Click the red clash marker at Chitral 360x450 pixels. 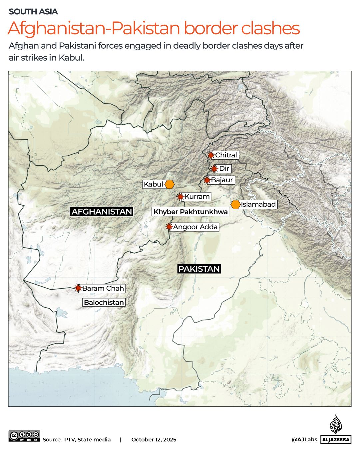[x=210, y=155]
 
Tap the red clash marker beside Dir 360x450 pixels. [x=214, y=169]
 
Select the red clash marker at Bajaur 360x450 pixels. [x=207, y=180]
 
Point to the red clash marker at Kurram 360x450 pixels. [x=180, y=197]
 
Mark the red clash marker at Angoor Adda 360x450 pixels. [x=169, y=227]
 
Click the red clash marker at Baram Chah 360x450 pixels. [x=78, y=288]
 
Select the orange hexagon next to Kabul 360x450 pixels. [x=170, y=184]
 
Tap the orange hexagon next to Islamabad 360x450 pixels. [x=235, y=204]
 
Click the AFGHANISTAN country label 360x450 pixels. [x=102, y=212]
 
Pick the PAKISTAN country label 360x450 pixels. [x=199, y=269]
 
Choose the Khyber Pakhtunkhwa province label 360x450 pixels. [x=190, y=212]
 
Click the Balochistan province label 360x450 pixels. [x=104, y=303]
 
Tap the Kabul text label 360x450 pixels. [x=154, y=184]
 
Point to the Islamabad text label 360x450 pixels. [x=258, y=204]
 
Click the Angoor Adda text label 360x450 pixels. [x=195, y=227]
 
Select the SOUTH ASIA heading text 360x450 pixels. [x=33, y=12]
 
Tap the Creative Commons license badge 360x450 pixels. [x=24, y=436]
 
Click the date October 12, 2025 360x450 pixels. [x=154, y=439]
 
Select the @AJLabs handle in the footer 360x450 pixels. [x=304, y=439]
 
